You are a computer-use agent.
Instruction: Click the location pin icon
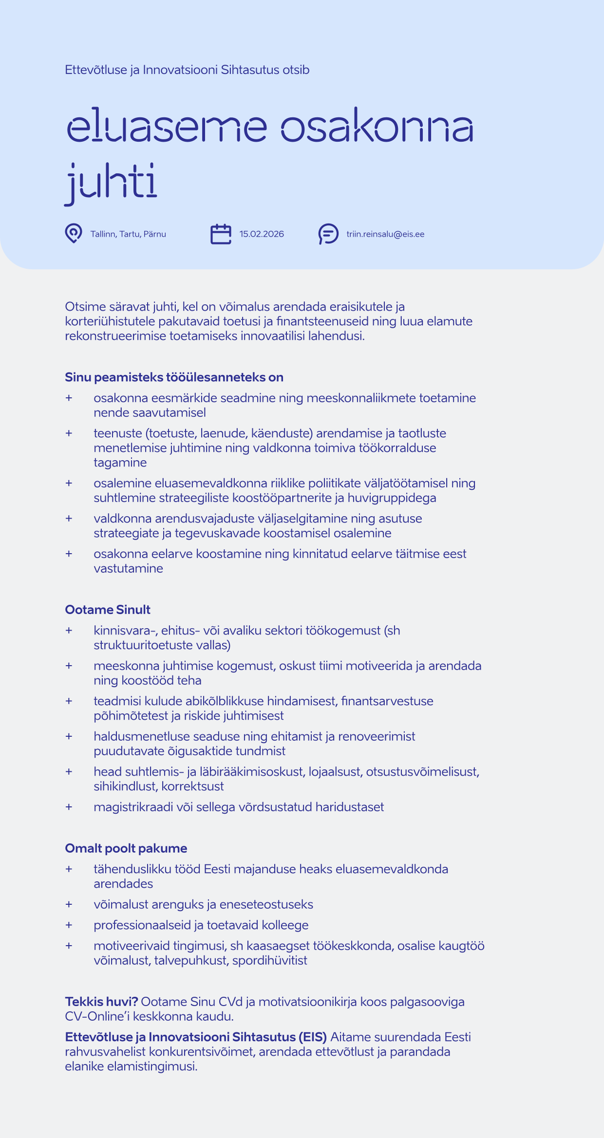click(74, 233)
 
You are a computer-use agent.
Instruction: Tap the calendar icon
click(221, 234)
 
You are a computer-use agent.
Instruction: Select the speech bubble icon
click(329, 234)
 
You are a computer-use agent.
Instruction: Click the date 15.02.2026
click(262, 234)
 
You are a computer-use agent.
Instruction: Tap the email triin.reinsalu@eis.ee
click(385, 234)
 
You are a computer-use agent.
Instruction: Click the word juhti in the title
click(111, 183)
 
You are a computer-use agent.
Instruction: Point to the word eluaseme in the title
click(167, 127)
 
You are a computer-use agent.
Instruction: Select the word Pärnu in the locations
click(155, 234)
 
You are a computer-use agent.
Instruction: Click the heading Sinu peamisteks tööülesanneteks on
click(174, 377)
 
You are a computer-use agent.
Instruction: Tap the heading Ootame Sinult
click(108, 610)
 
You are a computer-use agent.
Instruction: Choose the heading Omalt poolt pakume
click(126, 848)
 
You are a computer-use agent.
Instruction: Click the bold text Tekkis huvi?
click(101, 1002)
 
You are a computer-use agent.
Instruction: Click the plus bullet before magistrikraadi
click(69, 807)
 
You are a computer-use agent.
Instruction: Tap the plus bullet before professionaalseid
click(69, 925)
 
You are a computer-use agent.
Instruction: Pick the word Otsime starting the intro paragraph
click(85, 307)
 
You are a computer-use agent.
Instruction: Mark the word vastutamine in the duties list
click(128, 568)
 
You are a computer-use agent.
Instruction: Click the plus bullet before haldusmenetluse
click(69, 736)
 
